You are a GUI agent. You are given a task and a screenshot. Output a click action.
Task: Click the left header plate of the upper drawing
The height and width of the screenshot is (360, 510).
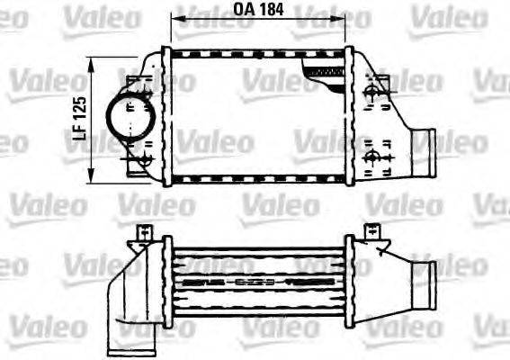point(166,115)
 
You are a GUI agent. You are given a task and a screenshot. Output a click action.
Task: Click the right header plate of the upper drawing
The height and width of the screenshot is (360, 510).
point(349,115)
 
